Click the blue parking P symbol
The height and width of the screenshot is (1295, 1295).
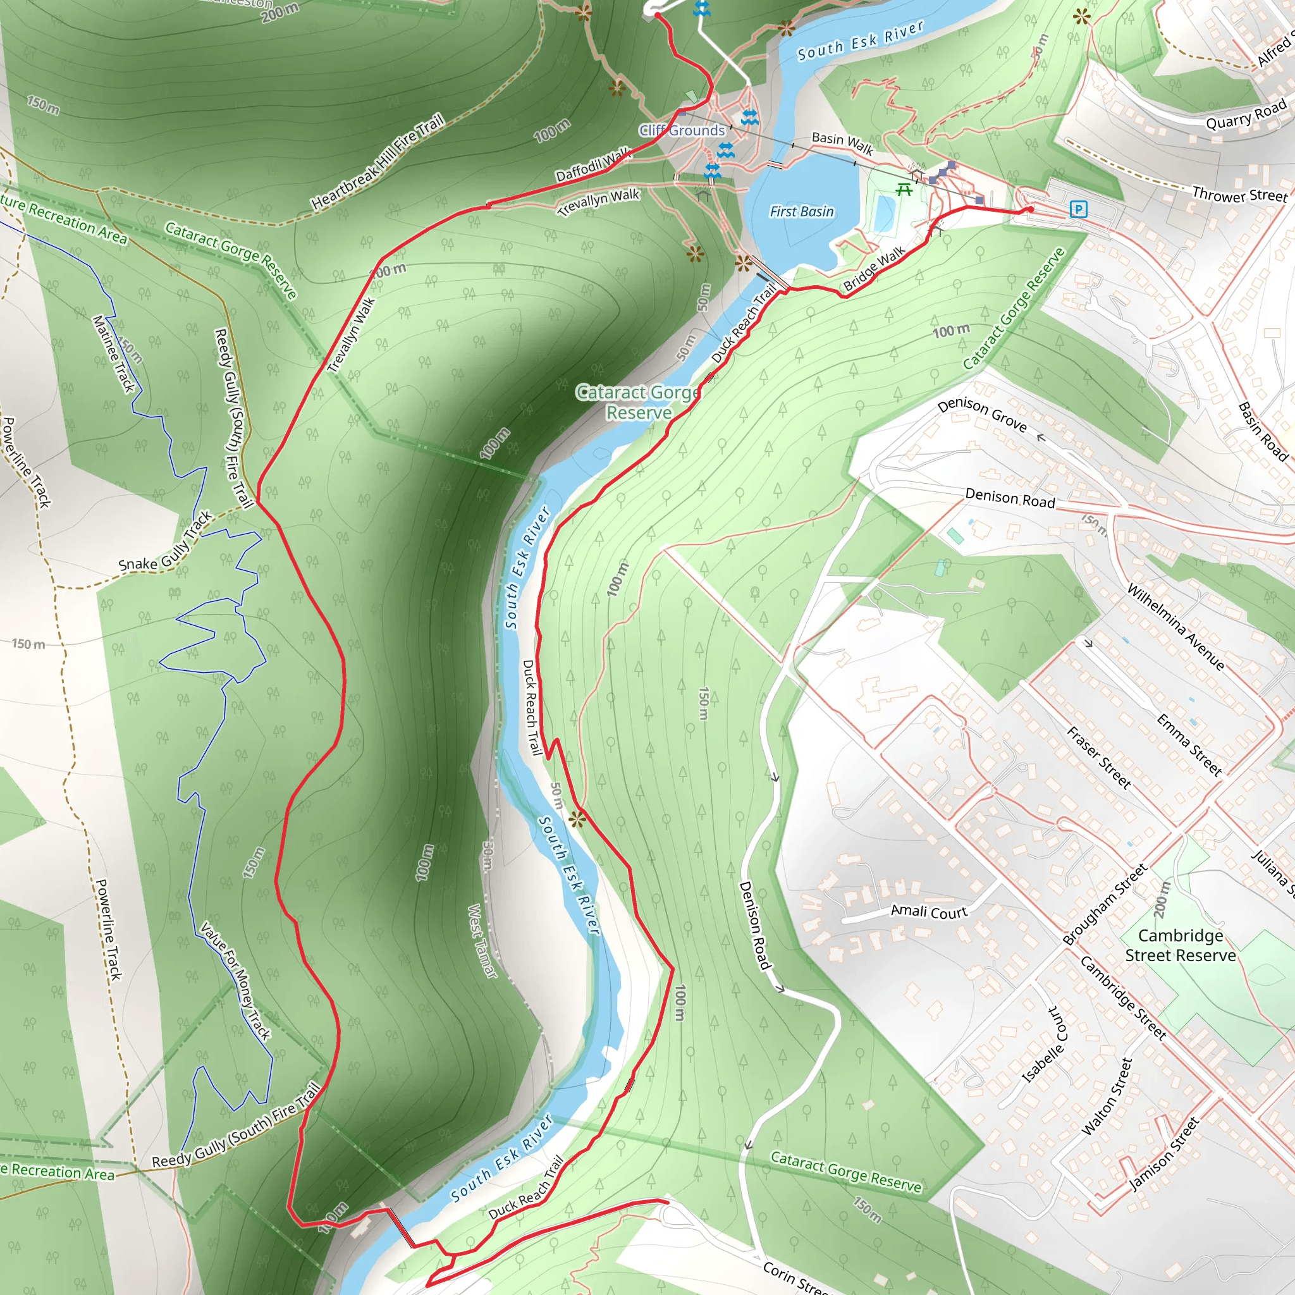1078,209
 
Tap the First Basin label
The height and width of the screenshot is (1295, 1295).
802,212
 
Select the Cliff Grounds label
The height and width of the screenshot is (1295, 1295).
682,130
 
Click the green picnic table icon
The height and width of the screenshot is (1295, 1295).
904,190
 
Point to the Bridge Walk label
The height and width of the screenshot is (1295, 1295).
875,268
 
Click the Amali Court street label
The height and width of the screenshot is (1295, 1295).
929,912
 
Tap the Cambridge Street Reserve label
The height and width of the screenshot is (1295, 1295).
1181,945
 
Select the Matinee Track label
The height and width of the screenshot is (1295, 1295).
114,354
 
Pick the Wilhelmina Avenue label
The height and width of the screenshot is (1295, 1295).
1175,627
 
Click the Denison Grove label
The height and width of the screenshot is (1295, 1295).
982,415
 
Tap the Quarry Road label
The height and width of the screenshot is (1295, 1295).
1246,114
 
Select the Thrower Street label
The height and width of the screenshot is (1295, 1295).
1239,195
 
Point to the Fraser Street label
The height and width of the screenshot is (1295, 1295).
1098,758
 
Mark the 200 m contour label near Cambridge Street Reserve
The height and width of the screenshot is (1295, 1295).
1162,900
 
